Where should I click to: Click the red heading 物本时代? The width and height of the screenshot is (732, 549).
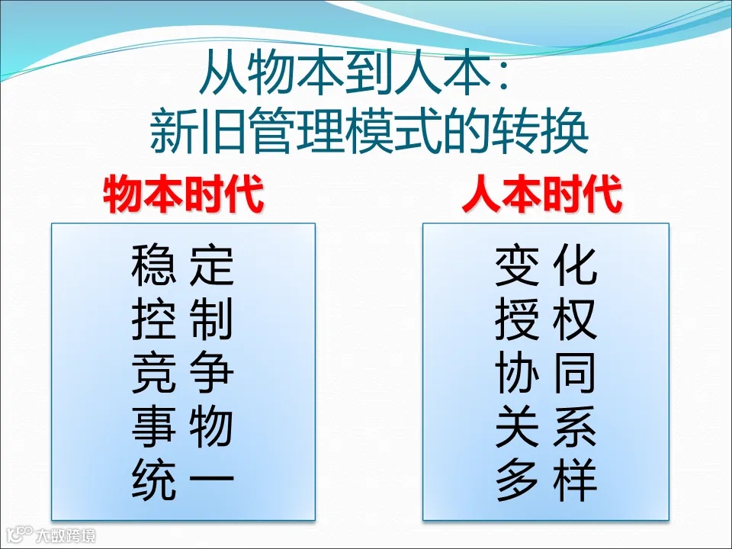click(x=183, y=194)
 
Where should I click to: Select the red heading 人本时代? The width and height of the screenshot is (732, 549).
click(x=541, y=194)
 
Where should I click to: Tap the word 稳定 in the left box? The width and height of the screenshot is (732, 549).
click(x=182, y=265)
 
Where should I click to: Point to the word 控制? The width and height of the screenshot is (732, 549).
click(x=182, y=319)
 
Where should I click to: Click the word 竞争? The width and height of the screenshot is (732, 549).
click(x=182, y=373)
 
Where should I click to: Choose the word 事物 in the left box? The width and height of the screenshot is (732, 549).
click(x=182, y=427)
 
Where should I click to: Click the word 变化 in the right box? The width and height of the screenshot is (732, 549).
click(x=546, y=265)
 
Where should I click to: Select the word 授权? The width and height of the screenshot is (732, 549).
click(x=546, y=319)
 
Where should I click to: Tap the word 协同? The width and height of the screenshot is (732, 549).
click(x=546, y=373)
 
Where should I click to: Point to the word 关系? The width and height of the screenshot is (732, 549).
click(x=546, y=427)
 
